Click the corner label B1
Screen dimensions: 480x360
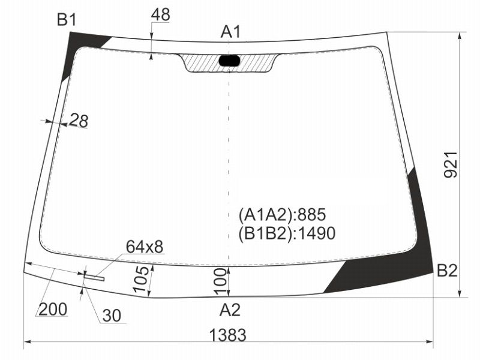67,20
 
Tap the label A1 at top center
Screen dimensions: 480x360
231,32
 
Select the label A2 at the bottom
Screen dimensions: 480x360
230,310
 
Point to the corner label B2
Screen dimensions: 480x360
447,271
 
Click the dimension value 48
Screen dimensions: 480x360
160,14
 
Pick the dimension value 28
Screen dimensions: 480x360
79,121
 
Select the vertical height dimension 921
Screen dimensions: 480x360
451,164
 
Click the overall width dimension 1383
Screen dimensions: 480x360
227,335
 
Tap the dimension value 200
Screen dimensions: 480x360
53,309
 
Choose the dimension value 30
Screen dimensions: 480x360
112,316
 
